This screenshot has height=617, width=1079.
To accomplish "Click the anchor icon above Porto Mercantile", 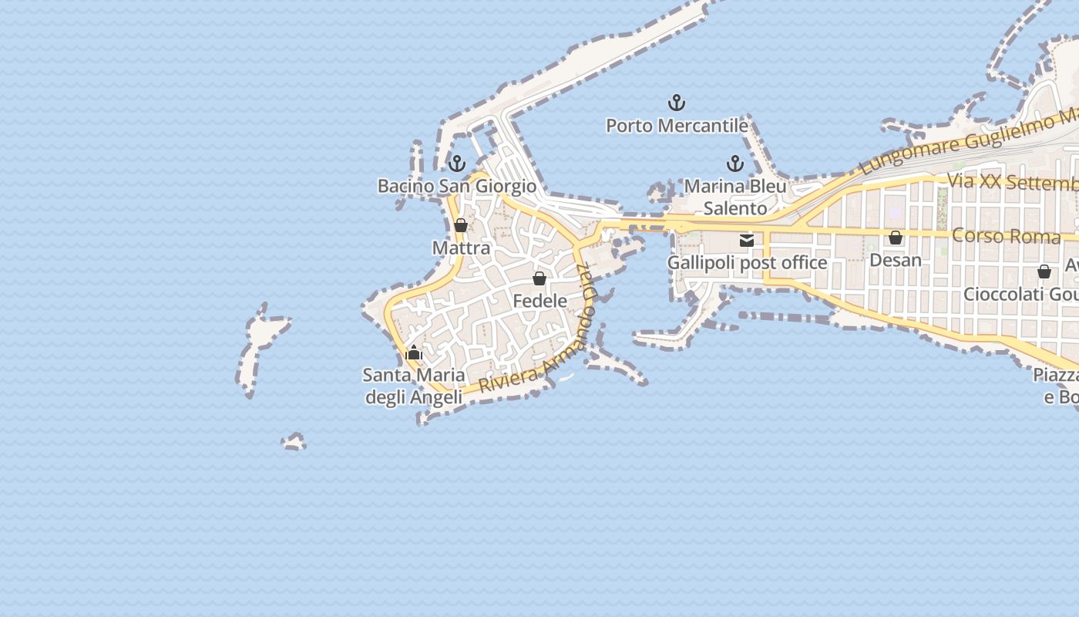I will [x=676, y=103].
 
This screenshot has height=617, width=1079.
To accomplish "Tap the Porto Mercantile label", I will [x=677, y=125].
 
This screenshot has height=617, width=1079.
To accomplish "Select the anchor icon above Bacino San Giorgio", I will [x=457, y=164].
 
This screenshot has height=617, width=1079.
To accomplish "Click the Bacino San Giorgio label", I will [x=456, y=186].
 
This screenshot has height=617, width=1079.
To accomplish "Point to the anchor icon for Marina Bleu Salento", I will [x=734, y=164].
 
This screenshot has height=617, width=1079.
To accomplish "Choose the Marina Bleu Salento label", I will [x=735, y=197].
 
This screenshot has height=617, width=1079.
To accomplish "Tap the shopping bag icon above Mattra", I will [x=461, y=225].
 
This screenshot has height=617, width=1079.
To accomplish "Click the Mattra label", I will [x=461, y=248].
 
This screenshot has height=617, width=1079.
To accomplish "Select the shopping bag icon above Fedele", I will [x=539, y=278].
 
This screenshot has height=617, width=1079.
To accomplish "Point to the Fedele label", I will [x=539, y=301].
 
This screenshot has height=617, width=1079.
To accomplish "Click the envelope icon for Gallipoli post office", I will [x=747, y=241].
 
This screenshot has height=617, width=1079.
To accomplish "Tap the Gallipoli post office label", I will [x=747, y=263].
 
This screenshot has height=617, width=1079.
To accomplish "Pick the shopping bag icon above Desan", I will [x=896, y=238].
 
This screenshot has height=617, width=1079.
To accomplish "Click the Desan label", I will [x=896, y=260].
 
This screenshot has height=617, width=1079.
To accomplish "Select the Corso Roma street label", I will [x=1006, y=236].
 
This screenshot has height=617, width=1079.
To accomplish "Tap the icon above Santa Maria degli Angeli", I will [x=414, y=353].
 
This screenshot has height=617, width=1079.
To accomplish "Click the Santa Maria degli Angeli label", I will [x=414, y=386].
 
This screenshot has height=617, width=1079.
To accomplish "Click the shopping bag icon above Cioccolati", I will [x=1044, y=271].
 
